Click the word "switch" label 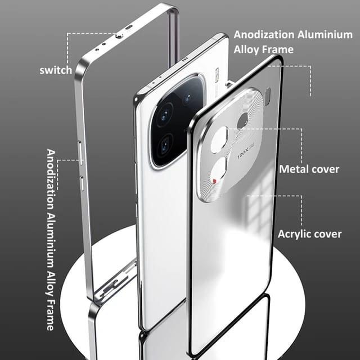tap(56, 70)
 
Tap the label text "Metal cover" tap(309, 169)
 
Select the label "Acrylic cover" tap(309, 234)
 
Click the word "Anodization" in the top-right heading tap(264, 35)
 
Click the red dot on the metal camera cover tap(215, 181)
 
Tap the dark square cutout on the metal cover tap(243, 120)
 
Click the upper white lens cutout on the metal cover tap(219, 139)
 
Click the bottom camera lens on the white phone tap(165, 145)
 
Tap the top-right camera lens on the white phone tap(189, 96)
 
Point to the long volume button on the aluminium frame tap(80, 152)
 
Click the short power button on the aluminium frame tap(82, 183)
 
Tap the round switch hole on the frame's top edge tap(119, 35)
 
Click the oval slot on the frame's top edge tap(129, 28)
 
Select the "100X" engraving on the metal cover tap(244, 154)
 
